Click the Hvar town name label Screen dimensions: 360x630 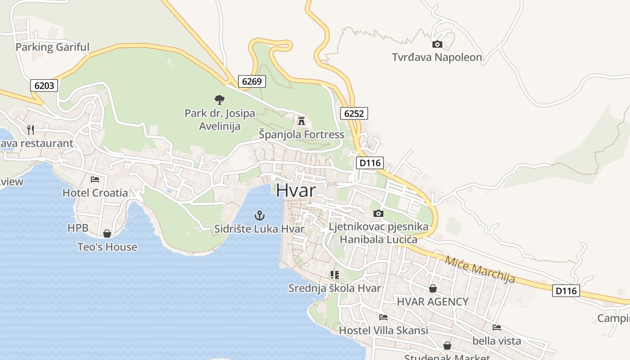(296, 190)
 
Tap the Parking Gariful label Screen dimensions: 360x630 (52, 47)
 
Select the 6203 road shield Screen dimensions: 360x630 (44, 85)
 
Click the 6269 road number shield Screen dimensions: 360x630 (252, 81)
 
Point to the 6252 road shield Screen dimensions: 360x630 (354, 113)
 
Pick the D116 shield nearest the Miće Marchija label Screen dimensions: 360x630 (566, 291)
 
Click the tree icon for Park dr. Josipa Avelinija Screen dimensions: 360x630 (220, 99)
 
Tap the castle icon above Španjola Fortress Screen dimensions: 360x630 (301, 121)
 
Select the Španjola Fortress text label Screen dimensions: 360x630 (301, 135)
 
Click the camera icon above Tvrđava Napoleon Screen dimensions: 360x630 (437, 44)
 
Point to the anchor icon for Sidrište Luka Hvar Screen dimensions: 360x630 (260, 216)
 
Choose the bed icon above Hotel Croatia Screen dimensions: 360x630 (95, 179)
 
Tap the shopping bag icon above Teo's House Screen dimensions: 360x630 (107, 234)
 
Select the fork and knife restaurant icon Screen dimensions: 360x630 (31, 130)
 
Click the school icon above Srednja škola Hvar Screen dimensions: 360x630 (334, 274)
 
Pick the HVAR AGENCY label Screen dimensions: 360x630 (432, 301)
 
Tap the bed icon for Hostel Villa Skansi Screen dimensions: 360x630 (383, 317)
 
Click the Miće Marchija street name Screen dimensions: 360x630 (480, 269)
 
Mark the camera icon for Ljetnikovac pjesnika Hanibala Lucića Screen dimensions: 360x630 (378, 213)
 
